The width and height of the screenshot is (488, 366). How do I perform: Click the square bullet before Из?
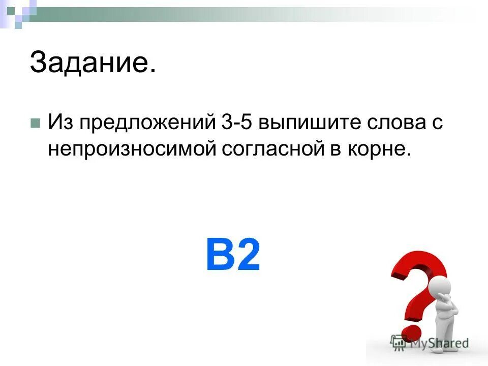(35, 124)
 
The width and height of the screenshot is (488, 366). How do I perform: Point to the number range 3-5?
(239, 124)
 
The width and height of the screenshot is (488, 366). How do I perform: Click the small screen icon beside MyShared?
(398, 343)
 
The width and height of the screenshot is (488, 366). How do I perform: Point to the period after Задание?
(152, 73)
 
